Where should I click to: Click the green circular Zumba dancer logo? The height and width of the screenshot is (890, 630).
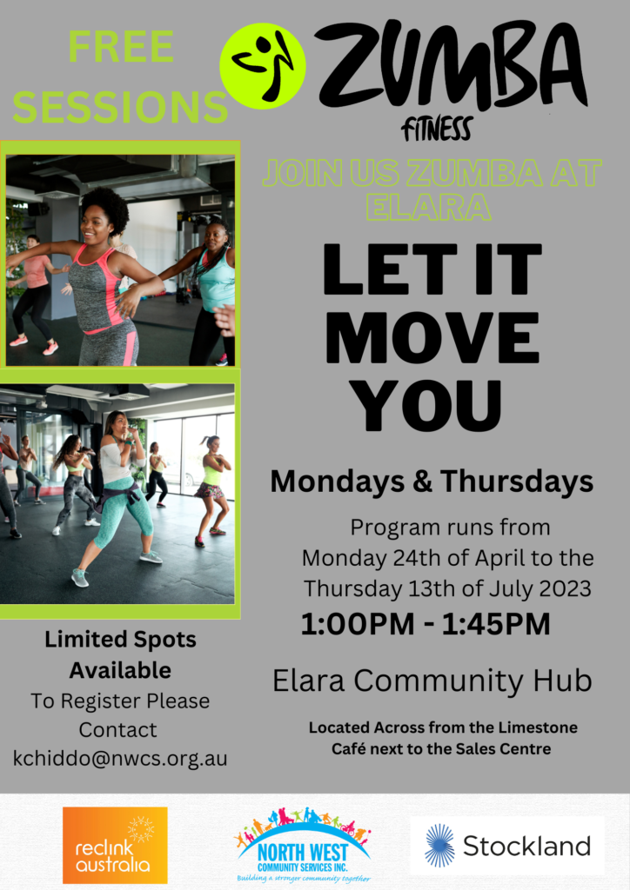[x=263, y=66]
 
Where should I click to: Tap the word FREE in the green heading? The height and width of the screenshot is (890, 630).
[x=121, y=47]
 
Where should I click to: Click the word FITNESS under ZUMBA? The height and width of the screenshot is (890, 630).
[x=436, y=129]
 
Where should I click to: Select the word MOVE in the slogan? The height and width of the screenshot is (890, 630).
[x=432, y=337]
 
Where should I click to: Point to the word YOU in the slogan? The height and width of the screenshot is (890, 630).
[x=426, y=405]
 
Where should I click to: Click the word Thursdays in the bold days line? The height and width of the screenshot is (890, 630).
[x=517, y=482]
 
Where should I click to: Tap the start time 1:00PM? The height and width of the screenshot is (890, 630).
[x=358, y=624]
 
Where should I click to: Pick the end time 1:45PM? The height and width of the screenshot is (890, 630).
[x=496, y=624]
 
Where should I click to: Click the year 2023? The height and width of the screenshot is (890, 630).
[x=566, y=588]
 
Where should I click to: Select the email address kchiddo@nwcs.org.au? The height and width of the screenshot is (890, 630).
[x=120, y=758]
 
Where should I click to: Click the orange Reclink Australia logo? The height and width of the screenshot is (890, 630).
[x=115, y=845]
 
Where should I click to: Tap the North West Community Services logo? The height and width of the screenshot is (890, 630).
[x=302, y=845]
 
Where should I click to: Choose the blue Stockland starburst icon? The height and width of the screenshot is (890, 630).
[x=439, y=846]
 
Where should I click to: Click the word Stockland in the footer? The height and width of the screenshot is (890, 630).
[x=526, y=846]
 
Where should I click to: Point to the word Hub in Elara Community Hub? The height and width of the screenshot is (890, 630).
[x=566, y=681]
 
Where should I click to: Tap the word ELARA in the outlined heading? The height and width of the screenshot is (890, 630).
[x=428, y=206]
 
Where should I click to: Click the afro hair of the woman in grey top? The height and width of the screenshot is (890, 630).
[x=107, y=208]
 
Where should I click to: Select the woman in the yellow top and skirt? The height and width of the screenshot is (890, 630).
[x=212, y=489]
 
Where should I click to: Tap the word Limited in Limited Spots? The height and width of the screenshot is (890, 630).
[x=77, y=639]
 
